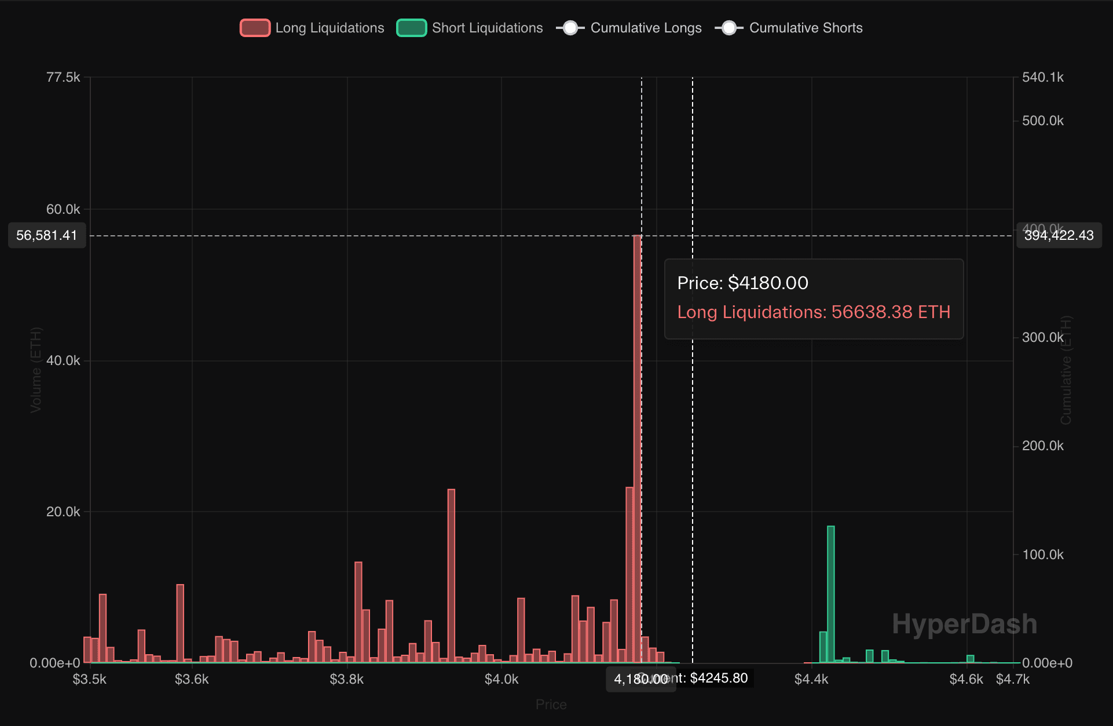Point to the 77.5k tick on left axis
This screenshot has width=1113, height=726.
pos(63,77)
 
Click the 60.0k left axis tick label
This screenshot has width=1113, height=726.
pos(63,209)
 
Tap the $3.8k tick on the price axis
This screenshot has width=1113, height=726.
pos(346,679)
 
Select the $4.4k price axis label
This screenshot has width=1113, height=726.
pos(811,679)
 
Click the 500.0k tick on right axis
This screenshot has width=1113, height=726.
pos(1042,121)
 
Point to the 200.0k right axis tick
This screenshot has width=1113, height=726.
pos(1042,446)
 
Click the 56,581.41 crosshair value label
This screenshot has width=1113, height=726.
pos(47,235)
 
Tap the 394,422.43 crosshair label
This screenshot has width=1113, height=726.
pos(1059,235)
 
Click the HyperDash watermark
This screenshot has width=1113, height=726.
pos(964,624)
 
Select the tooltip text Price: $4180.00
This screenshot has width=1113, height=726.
pos(742,283)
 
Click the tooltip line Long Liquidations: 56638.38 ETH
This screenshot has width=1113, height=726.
pos(814,312)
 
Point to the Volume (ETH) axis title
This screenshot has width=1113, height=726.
pos(36,370)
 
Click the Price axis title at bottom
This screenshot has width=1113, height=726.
pos(551,705)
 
